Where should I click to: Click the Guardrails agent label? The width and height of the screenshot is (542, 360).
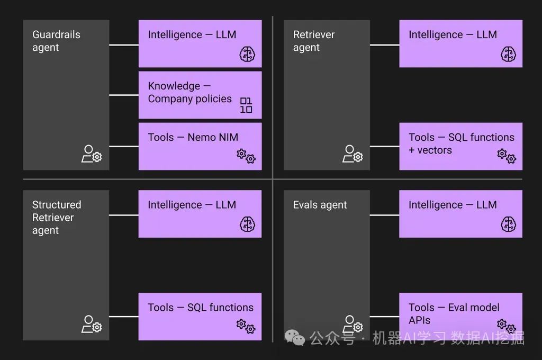(56, 41)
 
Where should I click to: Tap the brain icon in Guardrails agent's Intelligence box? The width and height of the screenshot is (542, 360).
(247, 53)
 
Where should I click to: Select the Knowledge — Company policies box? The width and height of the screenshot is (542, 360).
(200, 95)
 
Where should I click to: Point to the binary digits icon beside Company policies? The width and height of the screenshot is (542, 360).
(246, 105)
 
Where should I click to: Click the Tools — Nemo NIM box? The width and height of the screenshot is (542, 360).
(200, 146)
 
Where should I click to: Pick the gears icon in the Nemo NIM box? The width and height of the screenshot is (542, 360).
(246, 156)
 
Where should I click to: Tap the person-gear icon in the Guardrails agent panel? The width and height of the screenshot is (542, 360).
(92, 154)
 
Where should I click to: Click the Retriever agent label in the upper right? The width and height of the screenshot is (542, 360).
(314, 41)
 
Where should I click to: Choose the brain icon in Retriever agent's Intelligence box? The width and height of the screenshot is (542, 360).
(508, 53)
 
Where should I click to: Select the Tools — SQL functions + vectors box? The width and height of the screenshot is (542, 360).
(460, 146)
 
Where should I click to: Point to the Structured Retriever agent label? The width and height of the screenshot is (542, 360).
(56, 218)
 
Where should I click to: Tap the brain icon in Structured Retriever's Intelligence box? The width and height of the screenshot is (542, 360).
(247, 223)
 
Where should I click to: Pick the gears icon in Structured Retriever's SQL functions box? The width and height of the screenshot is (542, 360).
(246, 326)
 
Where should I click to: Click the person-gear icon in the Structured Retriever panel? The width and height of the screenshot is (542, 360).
(92, 324)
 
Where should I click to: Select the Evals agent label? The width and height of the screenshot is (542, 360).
(320, 205)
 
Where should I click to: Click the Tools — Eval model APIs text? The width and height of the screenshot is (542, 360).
(454, 313)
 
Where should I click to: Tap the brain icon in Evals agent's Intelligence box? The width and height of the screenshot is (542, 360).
(508, 223)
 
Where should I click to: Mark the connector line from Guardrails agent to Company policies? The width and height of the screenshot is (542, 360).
(124, 95)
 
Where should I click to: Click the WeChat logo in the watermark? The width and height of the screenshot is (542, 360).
(295, 337)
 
